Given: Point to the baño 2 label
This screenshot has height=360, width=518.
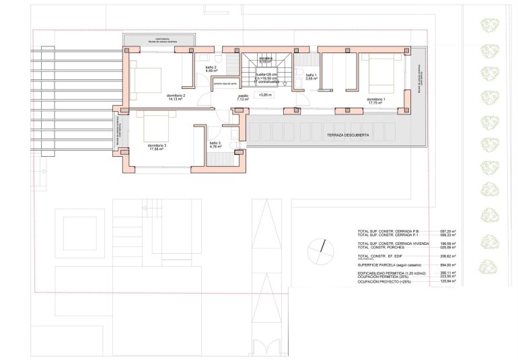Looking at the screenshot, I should click(x=211, y=69).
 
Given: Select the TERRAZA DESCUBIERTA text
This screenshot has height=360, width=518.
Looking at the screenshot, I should click(x=348, y=135).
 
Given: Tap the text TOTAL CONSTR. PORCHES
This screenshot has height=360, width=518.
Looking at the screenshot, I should click(x=381, y=247).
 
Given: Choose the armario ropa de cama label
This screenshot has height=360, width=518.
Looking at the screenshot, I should click(x=225, y=84).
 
